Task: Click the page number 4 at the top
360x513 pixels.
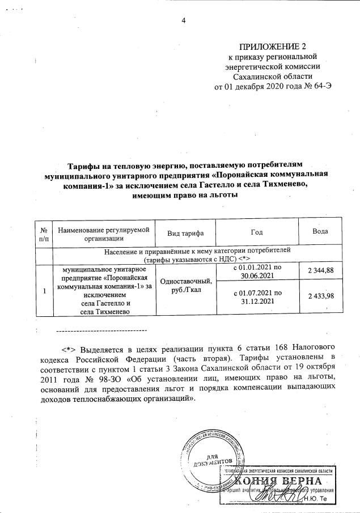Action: [183, 22]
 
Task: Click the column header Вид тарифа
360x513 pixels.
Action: [186, 234]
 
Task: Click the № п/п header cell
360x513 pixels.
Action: [43, 234]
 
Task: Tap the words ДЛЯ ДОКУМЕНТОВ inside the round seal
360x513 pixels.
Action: [213, 460]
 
